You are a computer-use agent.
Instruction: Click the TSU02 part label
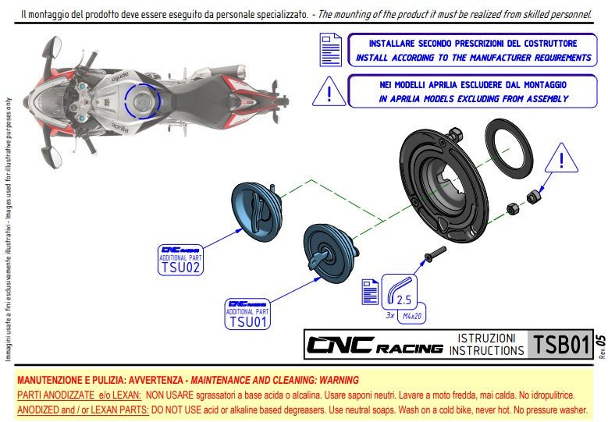[x=180, y=267]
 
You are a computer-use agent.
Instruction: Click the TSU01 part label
[x=247, y=321]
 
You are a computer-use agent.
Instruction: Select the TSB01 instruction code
[x=559, y=345]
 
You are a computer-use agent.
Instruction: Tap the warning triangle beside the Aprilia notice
[x=329, y=91]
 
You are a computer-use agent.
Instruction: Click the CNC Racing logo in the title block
[x=374, y=345]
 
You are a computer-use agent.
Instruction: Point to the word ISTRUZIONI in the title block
[x=486, y=339]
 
